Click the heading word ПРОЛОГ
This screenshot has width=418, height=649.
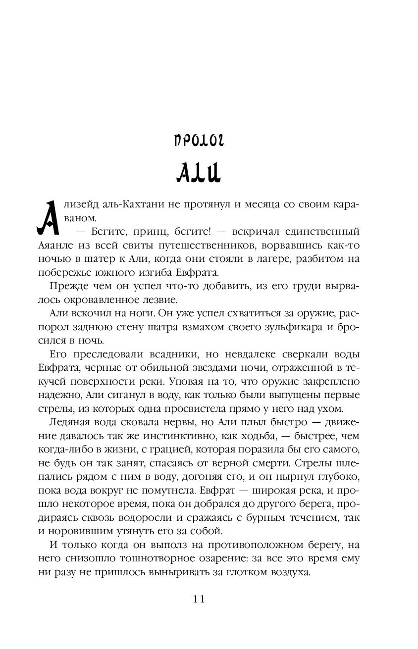(199, 140)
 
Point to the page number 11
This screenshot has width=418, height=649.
(199, 599)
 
